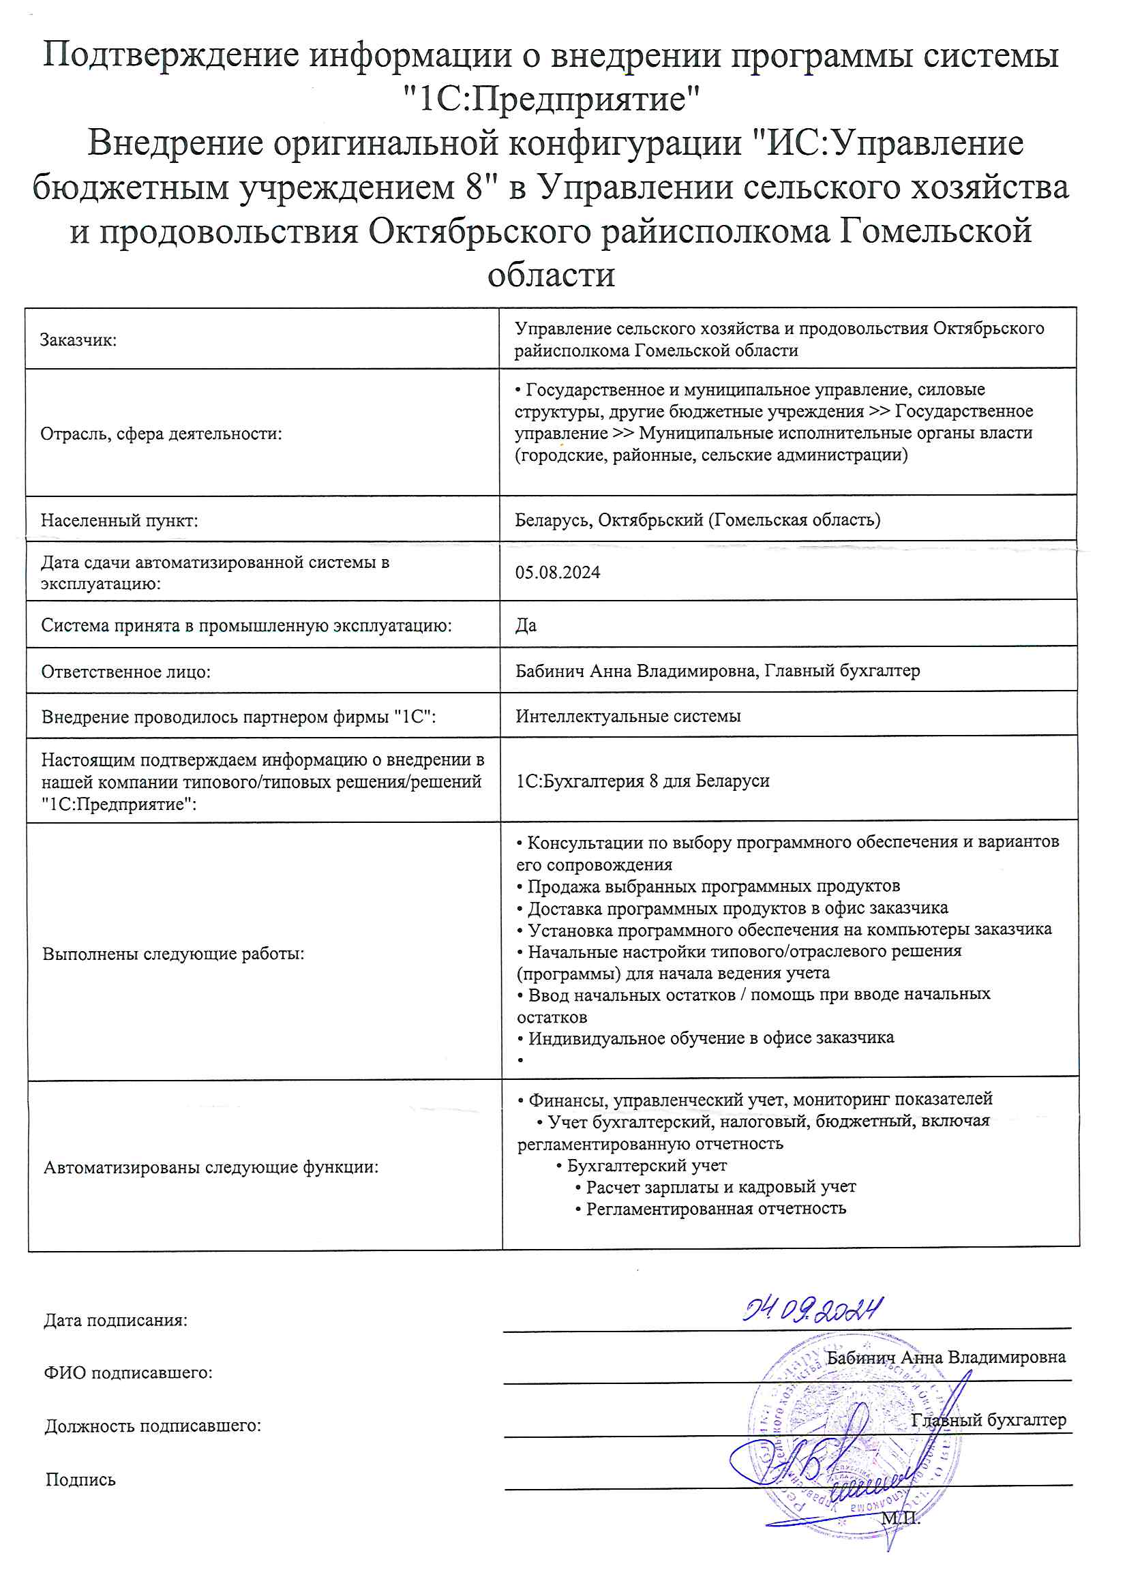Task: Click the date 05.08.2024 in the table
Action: click(557, 573)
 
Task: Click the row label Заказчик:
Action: click(78, 340)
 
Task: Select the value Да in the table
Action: click(526, 625)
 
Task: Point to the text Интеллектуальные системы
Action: click(628, 716)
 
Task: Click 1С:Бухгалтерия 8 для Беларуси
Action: click(642, 781)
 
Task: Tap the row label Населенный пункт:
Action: click(119, 521)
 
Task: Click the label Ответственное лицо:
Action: click(125, 672)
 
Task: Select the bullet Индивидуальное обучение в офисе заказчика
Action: click(710, 1038)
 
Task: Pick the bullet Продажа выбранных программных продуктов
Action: click(713, 886)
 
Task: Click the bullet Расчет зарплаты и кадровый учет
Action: click(720, 1187)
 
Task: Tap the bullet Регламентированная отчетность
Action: click(715, 1209)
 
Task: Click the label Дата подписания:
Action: click(116, 1321)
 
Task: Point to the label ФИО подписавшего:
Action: click(128, 1372)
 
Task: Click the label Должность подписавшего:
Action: click(153, 1426)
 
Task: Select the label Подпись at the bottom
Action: click(80, 1479)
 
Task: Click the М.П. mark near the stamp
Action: click(901, 1518)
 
